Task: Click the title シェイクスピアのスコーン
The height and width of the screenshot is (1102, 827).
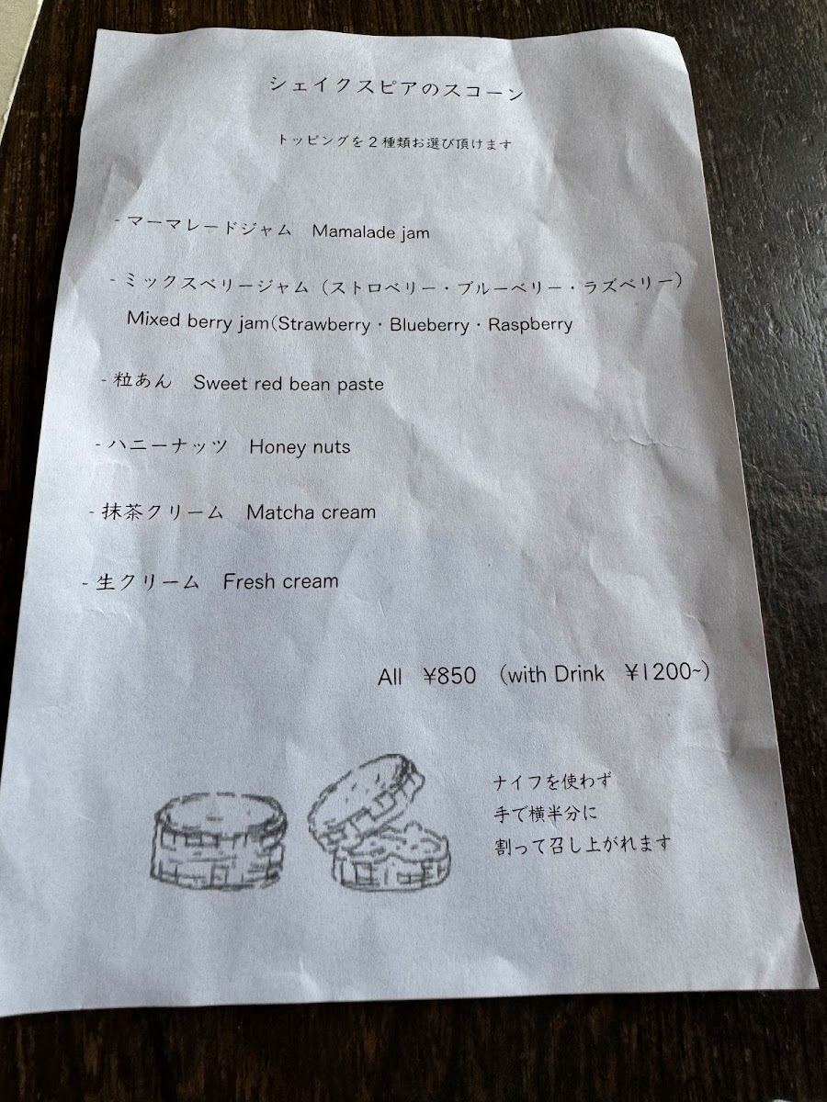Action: tap(397, 89)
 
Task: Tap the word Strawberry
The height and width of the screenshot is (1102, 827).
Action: tap(324, 324)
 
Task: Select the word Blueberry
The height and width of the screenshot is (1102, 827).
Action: tap(429, 325)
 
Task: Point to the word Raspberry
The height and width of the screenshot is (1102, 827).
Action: tap(530, 324)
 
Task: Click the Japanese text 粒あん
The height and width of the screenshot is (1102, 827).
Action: tap(142, 380)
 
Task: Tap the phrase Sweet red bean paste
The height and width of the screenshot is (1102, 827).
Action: tap(289, 384)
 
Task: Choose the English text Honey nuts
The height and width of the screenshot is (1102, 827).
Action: tap(300, 447)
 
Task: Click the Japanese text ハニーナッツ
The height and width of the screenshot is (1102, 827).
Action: tap(168, 445)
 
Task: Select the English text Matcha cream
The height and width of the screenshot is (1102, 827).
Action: tap(312, 512)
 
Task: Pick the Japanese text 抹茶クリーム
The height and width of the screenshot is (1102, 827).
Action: tap(163, 512)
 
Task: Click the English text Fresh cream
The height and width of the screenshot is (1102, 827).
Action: tap(280, 581)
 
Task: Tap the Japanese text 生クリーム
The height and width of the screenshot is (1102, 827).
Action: tap(147, 582)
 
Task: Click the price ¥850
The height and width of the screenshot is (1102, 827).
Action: tap(449, 675)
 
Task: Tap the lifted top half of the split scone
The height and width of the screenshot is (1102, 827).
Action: tap(367, 798)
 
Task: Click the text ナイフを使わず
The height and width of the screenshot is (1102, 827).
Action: tap(552, 782)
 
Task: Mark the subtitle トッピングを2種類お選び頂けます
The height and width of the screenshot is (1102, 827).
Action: tap(395, 142)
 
